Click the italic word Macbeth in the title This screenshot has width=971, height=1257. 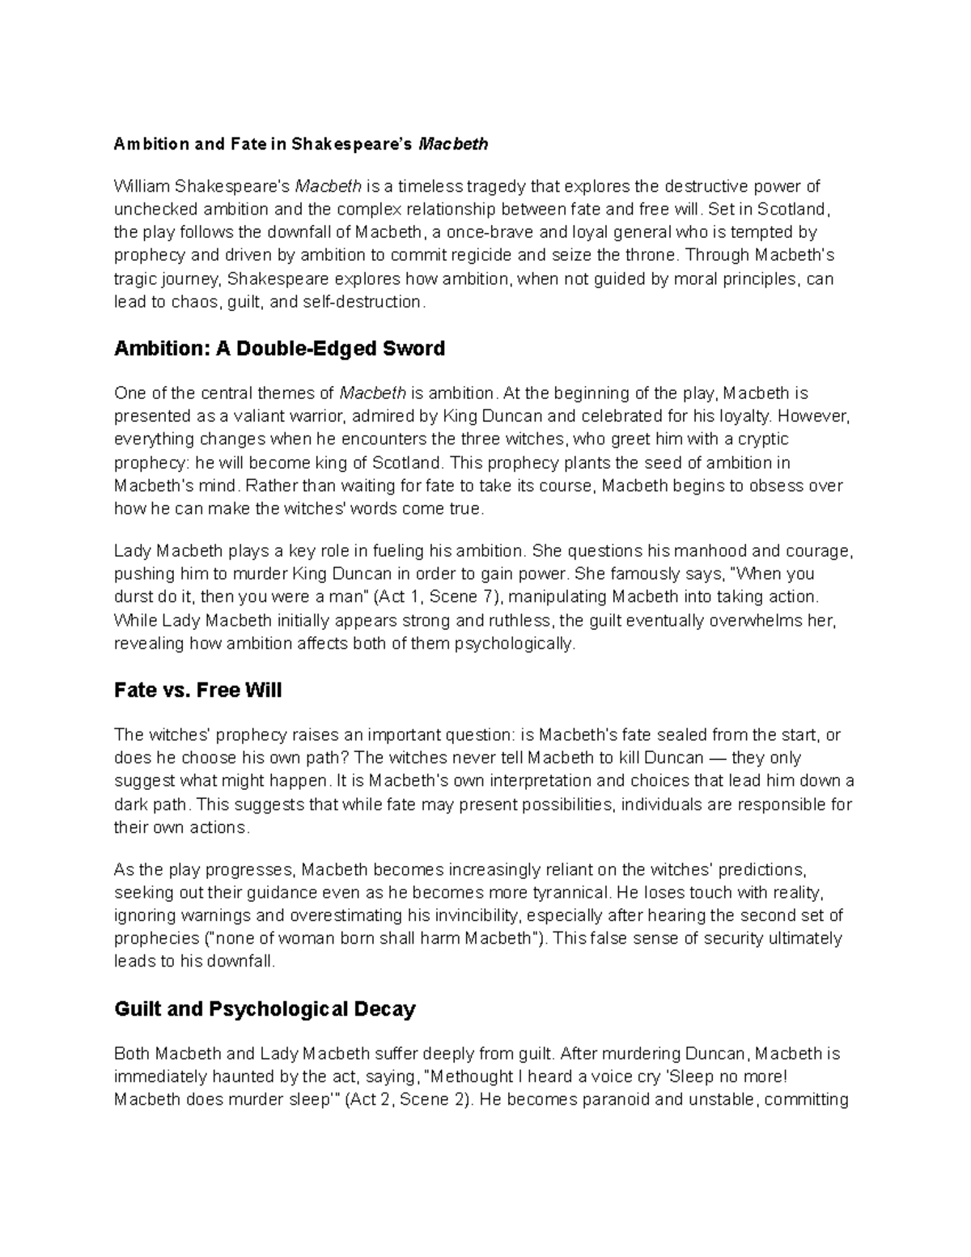tap(452, 145)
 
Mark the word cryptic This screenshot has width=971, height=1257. tap(761, 440)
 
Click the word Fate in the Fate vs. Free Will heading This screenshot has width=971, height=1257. tap(134, 690)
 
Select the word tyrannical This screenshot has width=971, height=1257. tap(570, 893)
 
